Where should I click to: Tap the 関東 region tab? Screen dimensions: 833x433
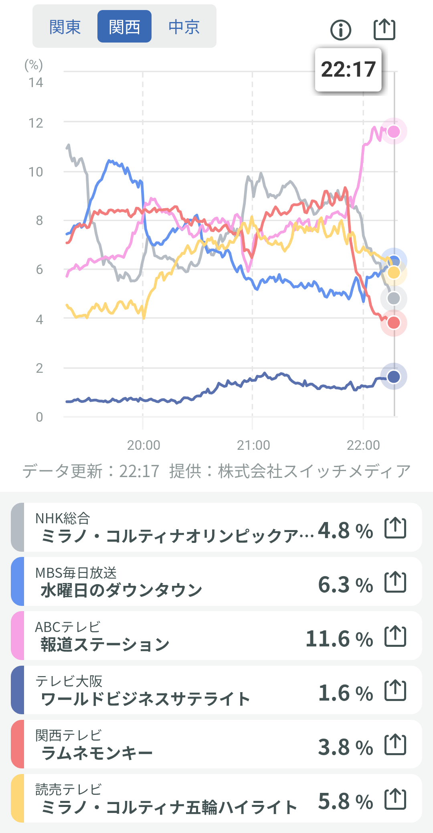(65, 27)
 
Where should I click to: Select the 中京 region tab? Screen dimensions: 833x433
(184, 27)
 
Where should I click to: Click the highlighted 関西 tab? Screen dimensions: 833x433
(124, 27)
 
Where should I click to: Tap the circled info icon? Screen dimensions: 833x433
(341, 30)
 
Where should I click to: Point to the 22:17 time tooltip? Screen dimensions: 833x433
(348, 70)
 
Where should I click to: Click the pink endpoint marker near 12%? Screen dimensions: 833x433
(394, 131)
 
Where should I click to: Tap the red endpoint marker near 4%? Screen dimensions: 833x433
(394, 323)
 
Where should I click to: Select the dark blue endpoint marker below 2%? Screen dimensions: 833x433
(394, 376)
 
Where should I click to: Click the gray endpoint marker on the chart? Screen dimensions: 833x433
(394, 299)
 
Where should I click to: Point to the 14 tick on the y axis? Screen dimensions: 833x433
(36, 83)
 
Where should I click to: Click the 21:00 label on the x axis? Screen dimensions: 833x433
(253, 445)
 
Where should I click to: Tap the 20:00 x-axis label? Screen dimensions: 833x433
(144, 445)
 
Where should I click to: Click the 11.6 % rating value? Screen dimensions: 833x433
(339, 639)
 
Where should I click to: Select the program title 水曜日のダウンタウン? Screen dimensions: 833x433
(121, 590)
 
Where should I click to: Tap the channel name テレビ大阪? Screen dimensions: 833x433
(69, 681)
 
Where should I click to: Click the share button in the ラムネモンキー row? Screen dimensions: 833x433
(395, 744)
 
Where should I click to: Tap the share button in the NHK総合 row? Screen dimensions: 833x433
(395, 528)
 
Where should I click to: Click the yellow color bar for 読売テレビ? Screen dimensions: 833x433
(18, 798)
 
